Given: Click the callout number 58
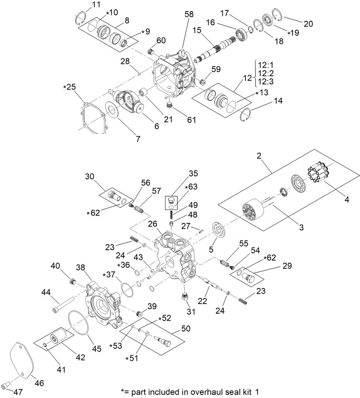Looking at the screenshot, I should (189, 14).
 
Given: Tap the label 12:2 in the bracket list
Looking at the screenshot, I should (266, 73).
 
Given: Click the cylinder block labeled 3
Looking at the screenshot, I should (251, 212).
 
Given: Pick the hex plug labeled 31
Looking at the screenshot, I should (184, 296).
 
